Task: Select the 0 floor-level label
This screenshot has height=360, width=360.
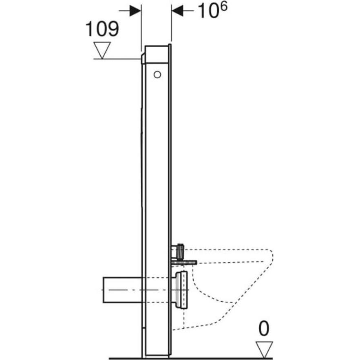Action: [264, 329]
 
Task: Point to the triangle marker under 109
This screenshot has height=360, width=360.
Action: [102, 50]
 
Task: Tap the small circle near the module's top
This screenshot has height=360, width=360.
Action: [157, 74]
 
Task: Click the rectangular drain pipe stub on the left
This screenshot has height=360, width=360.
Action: [122, 290]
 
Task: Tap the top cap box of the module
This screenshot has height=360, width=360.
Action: [157, 54]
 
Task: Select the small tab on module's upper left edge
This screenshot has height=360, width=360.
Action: [142, 59]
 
